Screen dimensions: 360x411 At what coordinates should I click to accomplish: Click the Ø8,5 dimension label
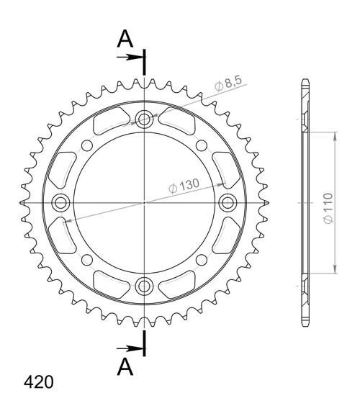click(x=228, y=83)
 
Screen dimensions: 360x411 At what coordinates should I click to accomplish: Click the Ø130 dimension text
click(x=184, y=185)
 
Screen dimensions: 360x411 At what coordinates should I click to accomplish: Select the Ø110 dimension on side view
click(x=328, y=209)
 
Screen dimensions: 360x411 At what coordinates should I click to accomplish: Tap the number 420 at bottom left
click(x=39, y=382)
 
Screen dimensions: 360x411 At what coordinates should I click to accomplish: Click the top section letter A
click(x=125, y=39)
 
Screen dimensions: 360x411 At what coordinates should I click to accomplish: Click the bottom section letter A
click(x=125, y=367)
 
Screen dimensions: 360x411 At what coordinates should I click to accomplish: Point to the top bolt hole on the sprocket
click(x=144, y=119)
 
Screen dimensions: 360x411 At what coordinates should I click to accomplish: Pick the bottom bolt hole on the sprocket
click(x=144, y=286)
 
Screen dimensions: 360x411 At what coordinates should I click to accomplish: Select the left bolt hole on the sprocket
click(x=60, y=202)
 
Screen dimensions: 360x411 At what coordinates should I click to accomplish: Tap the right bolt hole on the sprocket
click(x=228, y=202)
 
